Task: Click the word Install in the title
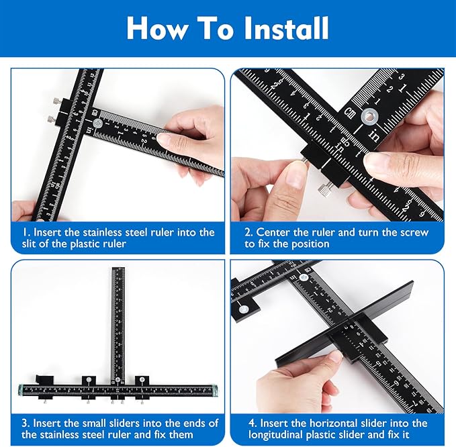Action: point(278,28)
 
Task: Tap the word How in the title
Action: point(156,28)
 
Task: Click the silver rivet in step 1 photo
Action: point(99,123)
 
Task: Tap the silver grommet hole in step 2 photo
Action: point(369,117)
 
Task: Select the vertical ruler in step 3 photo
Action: point(118,322)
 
